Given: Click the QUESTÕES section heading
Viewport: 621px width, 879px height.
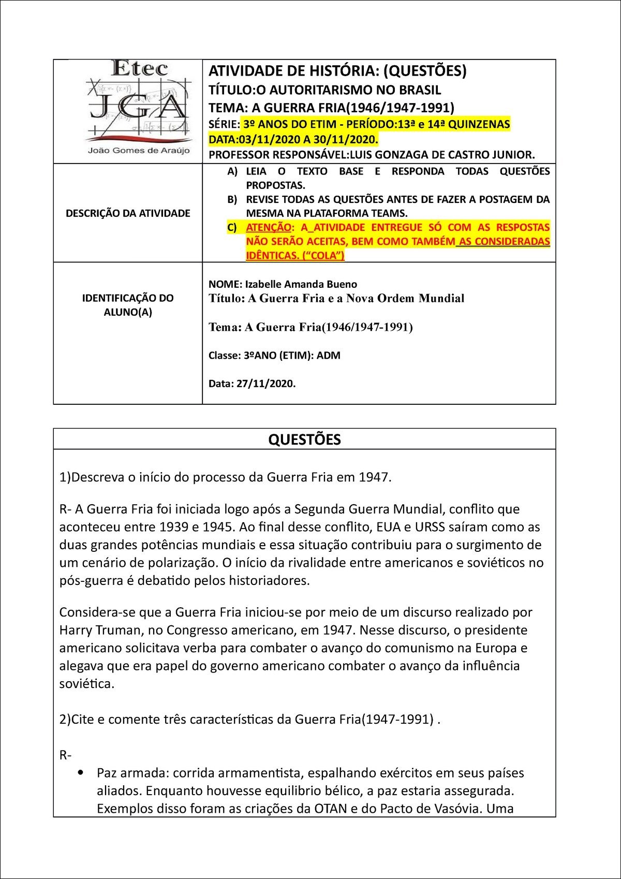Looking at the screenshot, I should click(304, 439).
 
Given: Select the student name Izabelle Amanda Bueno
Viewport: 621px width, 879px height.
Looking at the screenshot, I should click(301, 284).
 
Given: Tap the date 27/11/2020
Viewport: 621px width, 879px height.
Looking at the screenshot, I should click(266, 384).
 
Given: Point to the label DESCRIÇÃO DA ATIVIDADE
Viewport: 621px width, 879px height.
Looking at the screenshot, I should click(128, 213).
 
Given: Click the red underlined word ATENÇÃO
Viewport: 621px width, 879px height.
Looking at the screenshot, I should click(269, 227).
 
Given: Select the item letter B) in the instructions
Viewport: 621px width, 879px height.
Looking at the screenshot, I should click(232, 199).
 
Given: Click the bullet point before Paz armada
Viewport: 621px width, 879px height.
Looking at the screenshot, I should click(80, 773).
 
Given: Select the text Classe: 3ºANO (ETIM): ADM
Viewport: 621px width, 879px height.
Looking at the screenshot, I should click(274, 356).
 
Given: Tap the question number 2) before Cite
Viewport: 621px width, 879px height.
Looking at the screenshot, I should click(65, 719).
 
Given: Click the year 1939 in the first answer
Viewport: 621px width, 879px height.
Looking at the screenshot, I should click(174, 527).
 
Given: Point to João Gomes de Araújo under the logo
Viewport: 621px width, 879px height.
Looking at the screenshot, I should click(139, 151).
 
